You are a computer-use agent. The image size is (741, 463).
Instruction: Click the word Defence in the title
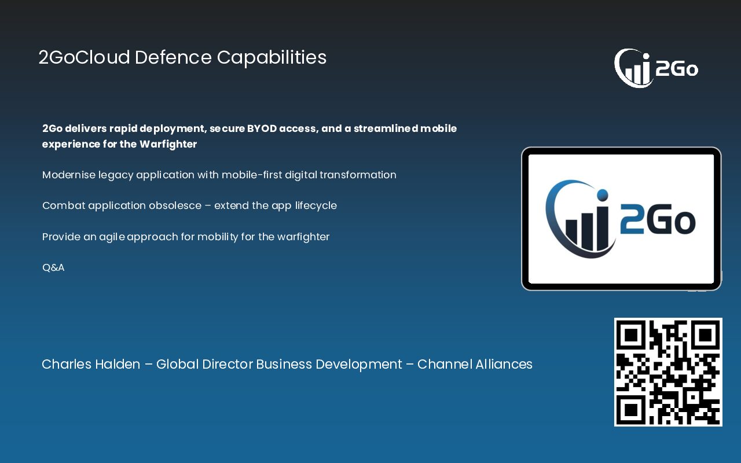pos(173,57)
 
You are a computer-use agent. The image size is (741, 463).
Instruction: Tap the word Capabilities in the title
pos(272,58)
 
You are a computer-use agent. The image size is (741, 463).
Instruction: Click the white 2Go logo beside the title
pos(656,68)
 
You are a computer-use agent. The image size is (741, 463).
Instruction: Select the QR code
pos(668,372)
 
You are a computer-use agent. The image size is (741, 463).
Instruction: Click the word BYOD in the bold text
pos(262,128)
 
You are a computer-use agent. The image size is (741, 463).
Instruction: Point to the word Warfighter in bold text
pos(168,144)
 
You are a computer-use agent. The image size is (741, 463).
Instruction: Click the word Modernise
pos(69,175)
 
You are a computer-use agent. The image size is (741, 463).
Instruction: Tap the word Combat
pos(64,205)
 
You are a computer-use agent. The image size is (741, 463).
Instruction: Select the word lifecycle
pos(316,205)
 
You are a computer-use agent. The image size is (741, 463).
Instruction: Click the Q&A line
pos(53,267)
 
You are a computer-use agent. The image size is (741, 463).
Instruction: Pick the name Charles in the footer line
pos(66,364)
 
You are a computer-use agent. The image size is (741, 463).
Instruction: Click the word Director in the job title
pos(228,364)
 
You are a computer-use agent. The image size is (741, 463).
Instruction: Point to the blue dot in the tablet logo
pos(603,195)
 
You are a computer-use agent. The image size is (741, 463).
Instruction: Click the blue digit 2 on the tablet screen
pos(632,220)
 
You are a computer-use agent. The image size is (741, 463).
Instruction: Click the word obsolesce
pos(175,205)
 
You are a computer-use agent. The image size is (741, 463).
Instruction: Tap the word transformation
pos(358,175)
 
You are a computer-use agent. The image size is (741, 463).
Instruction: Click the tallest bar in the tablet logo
pos(603,228)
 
